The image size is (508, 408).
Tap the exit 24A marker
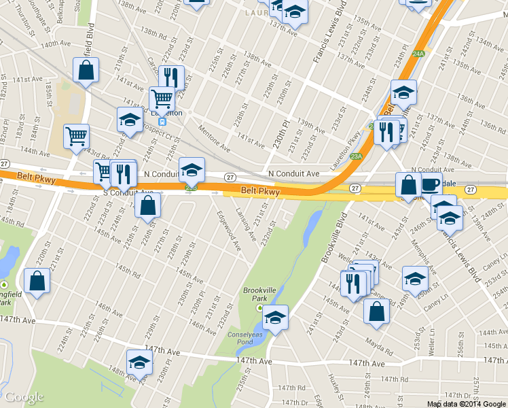tap(418, 53)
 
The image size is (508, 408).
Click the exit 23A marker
tap(356, 156)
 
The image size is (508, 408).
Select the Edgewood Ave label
tap(229, 231)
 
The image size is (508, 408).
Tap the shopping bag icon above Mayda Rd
tap(376, 311)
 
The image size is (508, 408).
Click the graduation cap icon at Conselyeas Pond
tap(275, 317)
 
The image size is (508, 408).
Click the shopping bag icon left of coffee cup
tap(408, 184)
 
